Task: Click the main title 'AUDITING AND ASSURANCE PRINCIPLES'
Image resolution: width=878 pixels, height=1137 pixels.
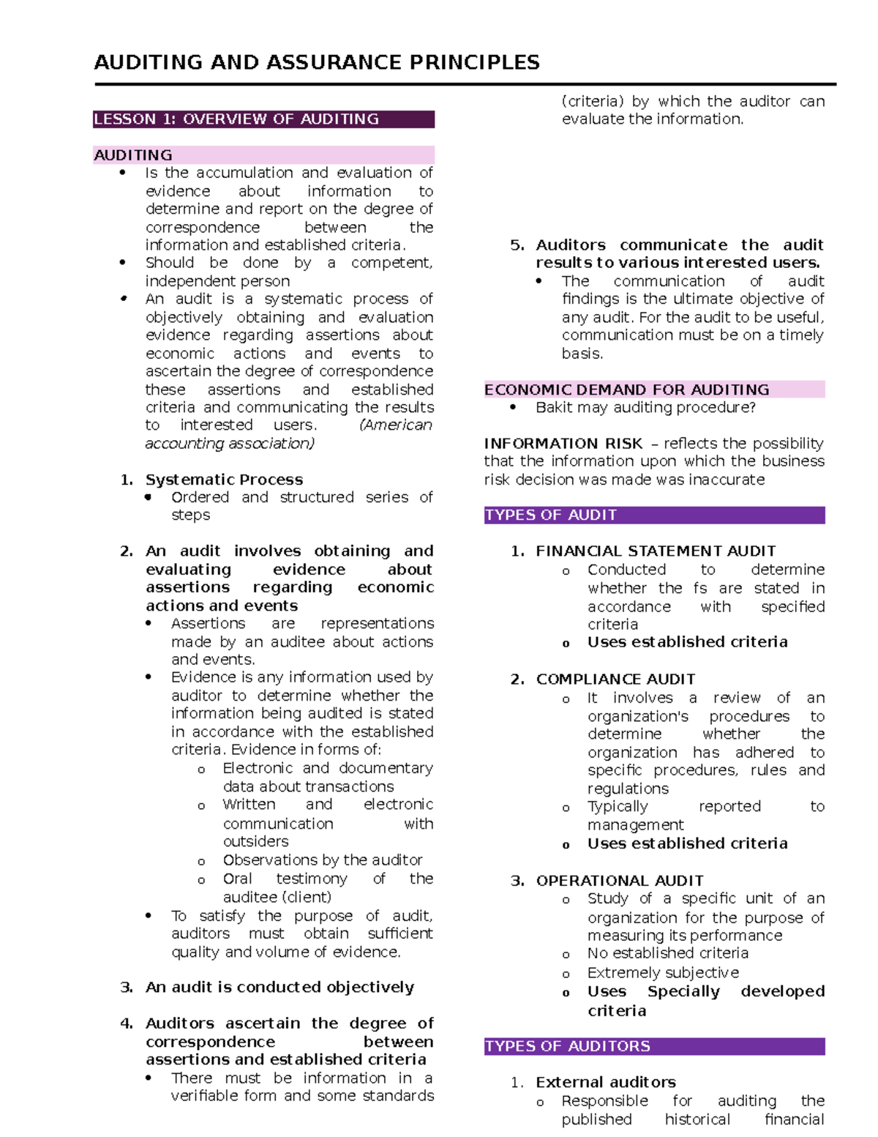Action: [317, 62]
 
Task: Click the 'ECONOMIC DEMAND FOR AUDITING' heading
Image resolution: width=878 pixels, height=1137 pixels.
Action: [626, 389]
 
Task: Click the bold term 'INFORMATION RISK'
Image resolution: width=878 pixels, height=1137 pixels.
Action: [563, 444]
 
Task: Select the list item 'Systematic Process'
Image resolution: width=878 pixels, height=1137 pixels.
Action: [224, 480]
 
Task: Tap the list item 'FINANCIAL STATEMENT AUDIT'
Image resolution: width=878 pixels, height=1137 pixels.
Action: [656, 551]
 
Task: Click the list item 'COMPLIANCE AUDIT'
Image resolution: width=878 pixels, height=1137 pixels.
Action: [615, 679]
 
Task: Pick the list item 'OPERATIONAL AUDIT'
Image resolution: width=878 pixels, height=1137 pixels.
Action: [620, 881]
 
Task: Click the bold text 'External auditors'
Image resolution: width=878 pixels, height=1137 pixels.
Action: [605, 1082]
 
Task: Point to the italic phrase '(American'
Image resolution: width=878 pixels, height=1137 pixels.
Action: [396, 425]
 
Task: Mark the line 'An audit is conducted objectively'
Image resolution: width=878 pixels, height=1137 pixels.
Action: [279, 988]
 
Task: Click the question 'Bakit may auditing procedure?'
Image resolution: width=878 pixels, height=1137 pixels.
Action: [645, 408]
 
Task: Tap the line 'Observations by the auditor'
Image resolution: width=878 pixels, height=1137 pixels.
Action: [323, 860]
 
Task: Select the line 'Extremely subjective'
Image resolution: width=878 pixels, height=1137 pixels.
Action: [663, 973]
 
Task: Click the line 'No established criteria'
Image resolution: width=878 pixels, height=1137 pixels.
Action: [667, 953]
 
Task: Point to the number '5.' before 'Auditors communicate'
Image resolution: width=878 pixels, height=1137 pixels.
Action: [517, 245]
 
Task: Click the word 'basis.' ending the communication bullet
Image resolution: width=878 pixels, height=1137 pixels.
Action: [582, 354]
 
